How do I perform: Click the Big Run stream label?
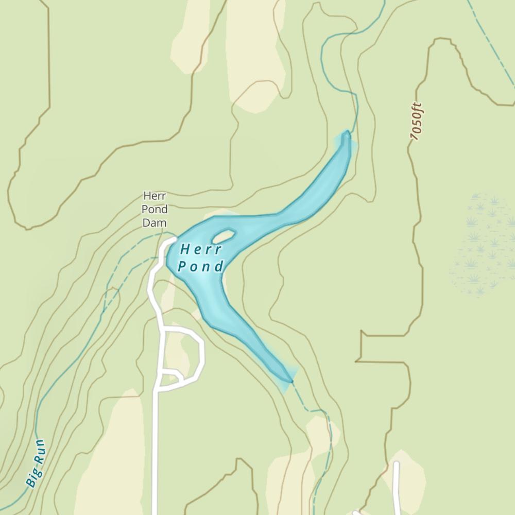point(36,463)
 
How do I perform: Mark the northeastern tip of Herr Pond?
point(347,135)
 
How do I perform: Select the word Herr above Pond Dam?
point(155,196)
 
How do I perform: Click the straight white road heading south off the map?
point(155,453)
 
